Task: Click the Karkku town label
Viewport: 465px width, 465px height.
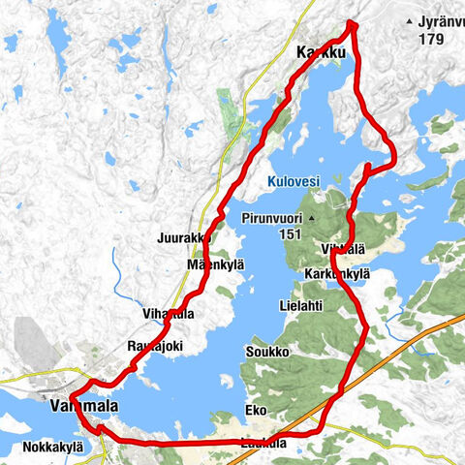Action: tap(319, 54)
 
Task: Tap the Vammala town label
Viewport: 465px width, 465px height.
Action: tap(82, 408)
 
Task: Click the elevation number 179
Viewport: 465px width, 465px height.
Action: tap(431, 39)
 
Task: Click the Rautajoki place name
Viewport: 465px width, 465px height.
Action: tap(156, 344)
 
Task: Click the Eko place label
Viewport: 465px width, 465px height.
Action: tap(257, 410)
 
